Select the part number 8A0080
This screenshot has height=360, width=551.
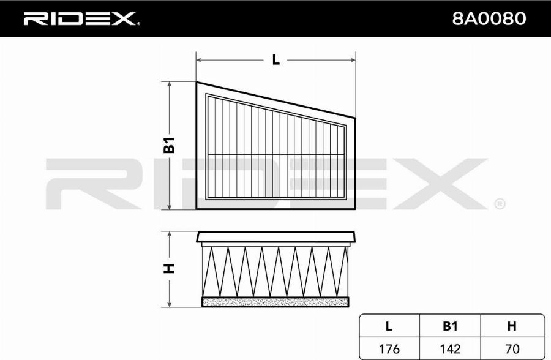pyautogui.click(x=489, y=18)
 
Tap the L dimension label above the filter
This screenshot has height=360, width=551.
pyautogui.click(x=276, y=60)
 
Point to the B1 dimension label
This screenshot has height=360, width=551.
pyautogui.click(x=169, y=145)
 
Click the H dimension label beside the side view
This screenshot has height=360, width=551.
pyautogui.click(x=169, y=269)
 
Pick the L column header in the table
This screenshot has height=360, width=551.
pyautogui.click(x=389, y=326)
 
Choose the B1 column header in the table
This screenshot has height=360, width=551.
pyautogui.click(x=450, y=326)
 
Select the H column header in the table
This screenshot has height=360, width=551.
pyautogui.click(x=512, y=326)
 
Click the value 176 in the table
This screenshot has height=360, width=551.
pyautogui.click(x=389, y=349)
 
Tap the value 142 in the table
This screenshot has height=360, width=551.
pyautogui.click(x=450, y=349)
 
